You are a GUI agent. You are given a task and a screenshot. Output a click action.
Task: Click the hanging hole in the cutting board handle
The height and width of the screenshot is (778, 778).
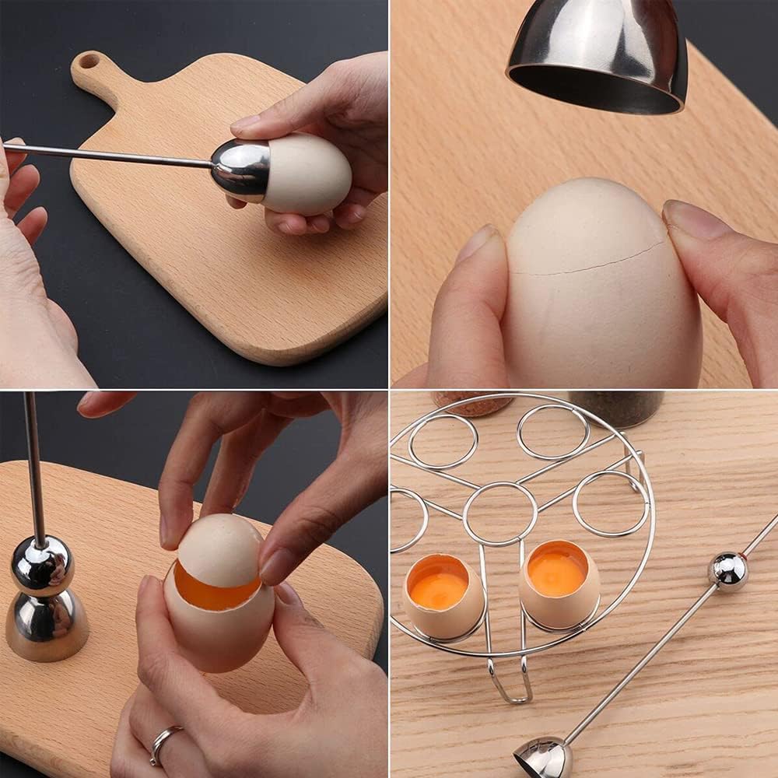pos(88,61)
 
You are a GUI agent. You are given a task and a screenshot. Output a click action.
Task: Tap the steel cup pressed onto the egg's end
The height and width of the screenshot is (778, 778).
pos(240,166)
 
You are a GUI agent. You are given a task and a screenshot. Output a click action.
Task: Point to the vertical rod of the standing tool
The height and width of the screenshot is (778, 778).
pos(34,467)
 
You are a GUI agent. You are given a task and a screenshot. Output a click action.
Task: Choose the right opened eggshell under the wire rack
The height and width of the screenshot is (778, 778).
pos(559,584)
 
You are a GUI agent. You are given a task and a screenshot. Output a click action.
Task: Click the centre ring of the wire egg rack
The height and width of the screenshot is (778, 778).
pos(499,513)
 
